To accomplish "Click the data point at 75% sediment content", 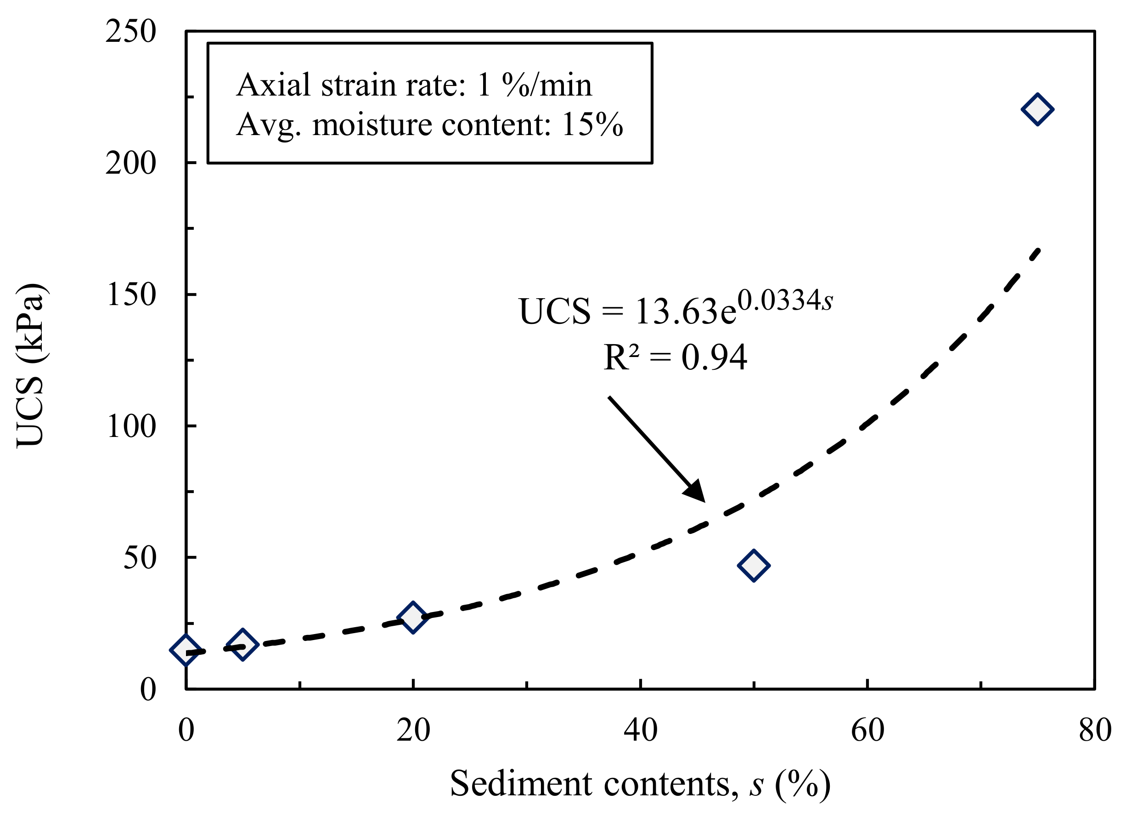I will pos(1037,109).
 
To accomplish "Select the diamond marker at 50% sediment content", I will pos(754,565).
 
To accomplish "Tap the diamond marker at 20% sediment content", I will pos(412,618).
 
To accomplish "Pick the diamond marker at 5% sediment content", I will pos(242,645).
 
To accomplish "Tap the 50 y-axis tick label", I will pos(140,557).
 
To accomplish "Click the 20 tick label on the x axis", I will pos(413,730).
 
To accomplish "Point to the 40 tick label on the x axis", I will pos(641,730).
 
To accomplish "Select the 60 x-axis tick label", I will pos(867,730).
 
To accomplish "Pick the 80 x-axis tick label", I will pos(1095,730).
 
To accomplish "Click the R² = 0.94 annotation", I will pos(675,357).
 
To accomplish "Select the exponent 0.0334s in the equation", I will pos(785,300).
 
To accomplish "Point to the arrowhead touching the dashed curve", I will pos(696,492).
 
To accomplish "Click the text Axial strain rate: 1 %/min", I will pos(414,85).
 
